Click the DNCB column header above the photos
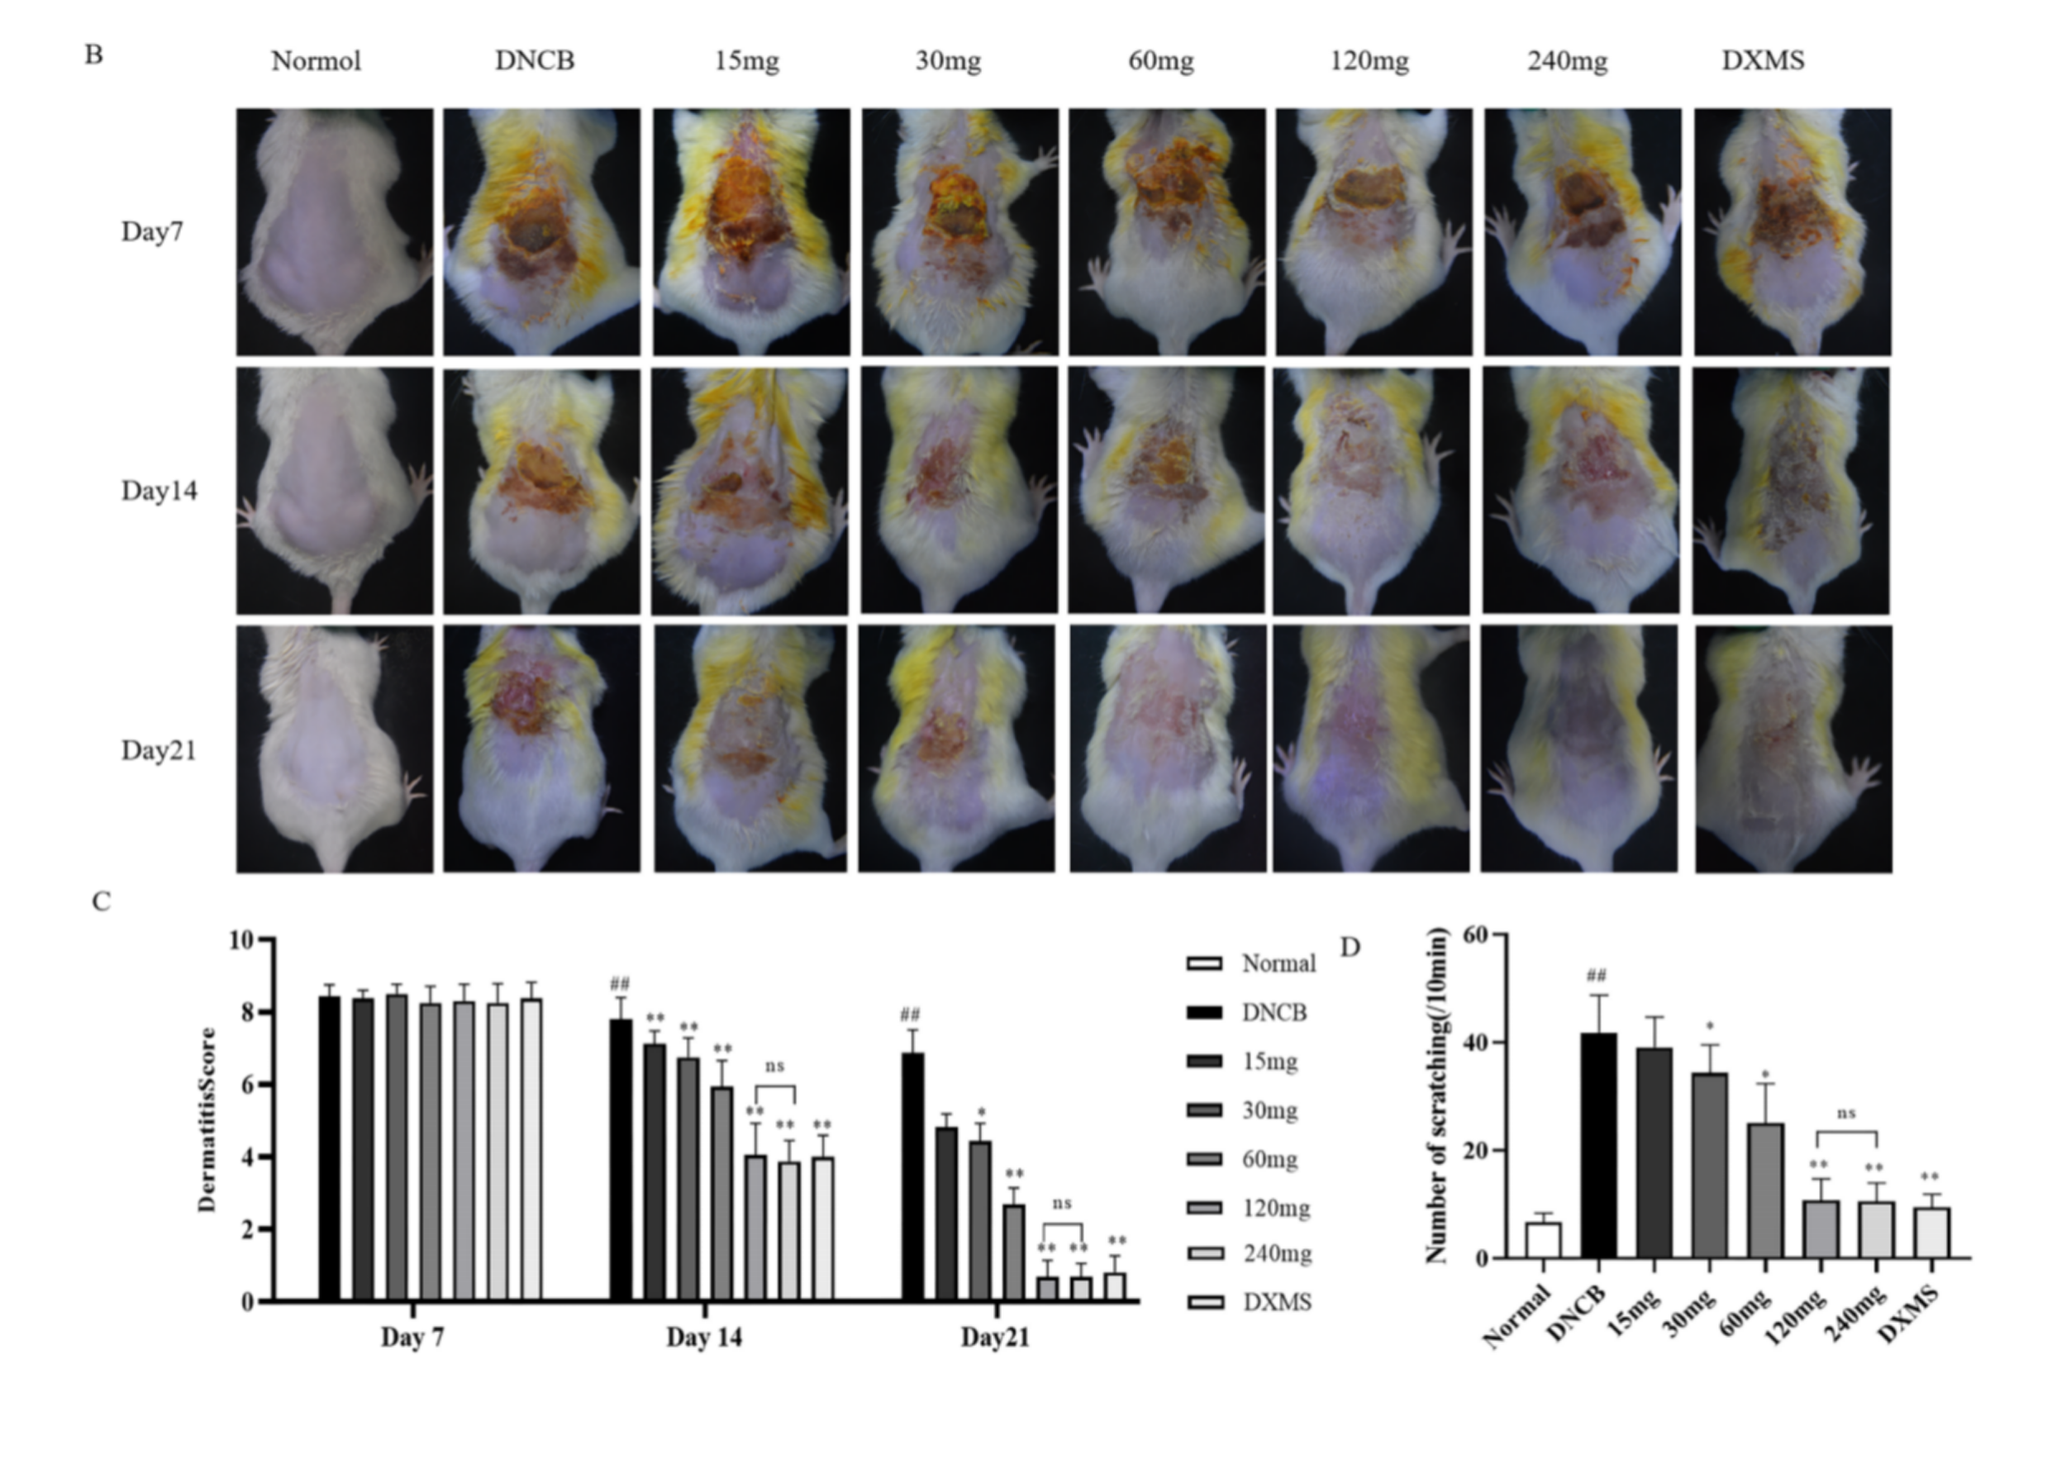[x=534, y=60]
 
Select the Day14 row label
[x=159, y=490]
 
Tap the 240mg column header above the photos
[x=1567, y=61]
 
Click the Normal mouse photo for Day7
[x=335, y=231]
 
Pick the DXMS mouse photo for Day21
[x=1793, y=749]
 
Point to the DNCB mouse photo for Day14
[x=542, y=490]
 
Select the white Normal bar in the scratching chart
[x=1543, y=1240]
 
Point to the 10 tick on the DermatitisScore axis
[x=241, y=940]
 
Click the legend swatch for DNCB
[x=1204, y=1012]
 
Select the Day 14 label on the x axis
[x=704, y=1337]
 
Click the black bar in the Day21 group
[x=913, y=1177]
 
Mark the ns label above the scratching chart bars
[x=1846, y=1113]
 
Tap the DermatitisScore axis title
[x=207, y=1120]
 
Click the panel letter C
[x=101, y=902]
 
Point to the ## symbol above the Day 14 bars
[x=620, y=983]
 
